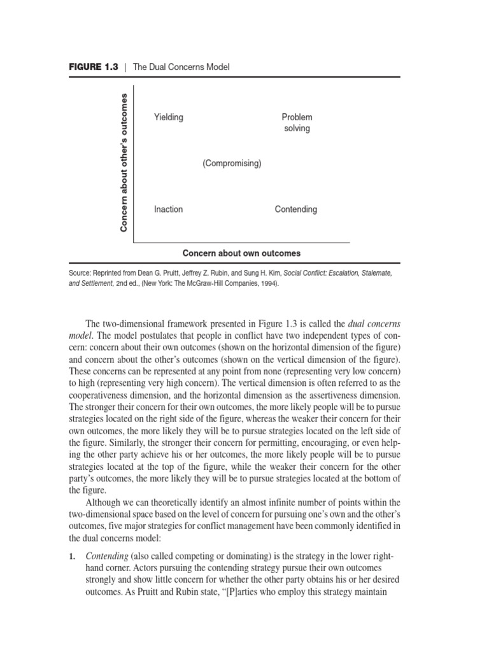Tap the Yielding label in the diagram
click(x=168, y=117)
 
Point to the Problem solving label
click(x=297, y=123)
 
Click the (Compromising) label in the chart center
click(x=232, y=164)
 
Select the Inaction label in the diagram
click(x=168, y=209)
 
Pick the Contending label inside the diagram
click(x=295, y=209)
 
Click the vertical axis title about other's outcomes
click(x=124, y=162)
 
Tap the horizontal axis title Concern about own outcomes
click(x=241, y=253)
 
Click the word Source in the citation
click(x=80, y=273)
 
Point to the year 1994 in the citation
click(x=267, y=284)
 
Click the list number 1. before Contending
click(x=72, y=556)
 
